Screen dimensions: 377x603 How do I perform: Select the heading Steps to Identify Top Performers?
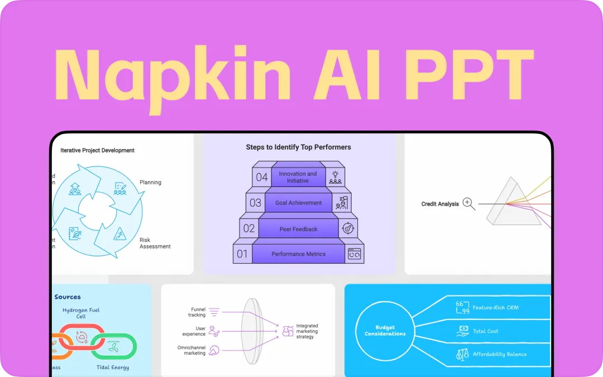[x=299, y=147]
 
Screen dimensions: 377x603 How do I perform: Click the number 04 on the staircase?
[x=262, y=178]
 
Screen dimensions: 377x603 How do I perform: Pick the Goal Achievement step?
[x=299, y=203]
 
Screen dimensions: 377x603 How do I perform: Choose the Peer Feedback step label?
[x=299, y=229]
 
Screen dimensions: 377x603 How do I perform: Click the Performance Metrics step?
[x=299, y=254]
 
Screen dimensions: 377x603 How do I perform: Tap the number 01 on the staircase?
[x=242, y=254]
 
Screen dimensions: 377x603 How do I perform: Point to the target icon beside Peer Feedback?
[x=348, y=228]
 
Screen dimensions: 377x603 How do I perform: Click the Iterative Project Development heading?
[x=98, y=150]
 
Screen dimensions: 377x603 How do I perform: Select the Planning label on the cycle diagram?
[x=150, y=182]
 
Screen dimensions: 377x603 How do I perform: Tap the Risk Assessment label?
[x=155, y=243]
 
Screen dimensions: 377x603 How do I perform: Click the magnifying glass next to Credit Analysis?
[x=468, y=204]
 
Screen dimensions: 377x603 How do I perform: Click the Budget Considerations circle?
[x=385, y=330]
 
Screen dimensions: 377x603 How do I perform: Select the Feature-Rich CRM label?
[x=495, y=307]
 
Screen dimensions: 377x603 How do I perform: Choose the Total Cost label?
[x=486, y=331]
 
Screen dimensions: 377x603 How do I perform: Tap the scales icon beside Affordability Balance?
[x=462, y=354]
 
